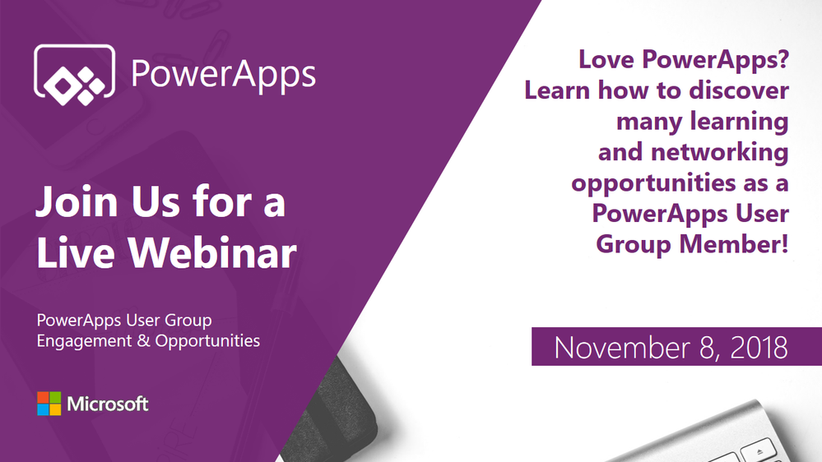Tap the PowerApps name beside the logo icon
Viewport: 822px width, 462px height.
(223, 75)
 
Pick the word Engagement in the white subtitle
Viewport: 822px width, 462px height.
(81, 340)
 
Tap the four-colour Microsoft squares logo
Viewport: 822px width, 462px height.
(49, 404)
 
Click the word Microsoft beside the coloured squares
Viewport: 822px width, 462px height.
(108, 404)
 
